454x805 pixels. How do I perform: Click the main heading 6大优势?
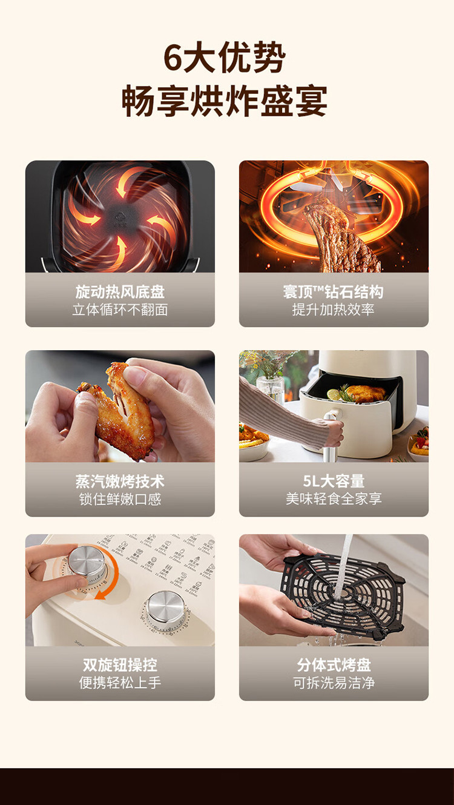[225, 58]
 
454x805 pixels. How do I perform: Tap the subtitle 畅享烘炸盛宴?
[225, 101]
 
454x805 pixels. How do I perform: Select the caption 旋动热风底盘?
[120, 292]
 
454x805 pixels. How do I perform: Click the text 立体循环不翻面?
[120, 310]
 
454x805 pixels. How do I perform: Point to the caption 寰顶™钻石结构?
[334, 292]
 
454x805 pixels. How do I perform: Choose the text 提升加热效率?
[334, 310]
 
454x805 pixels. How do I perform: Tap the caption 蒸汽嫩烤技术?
[120, 482]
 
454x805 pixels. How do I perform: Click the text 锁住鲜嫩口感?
[120, 499]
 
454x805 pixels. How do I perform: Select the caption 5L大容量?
[334, 481]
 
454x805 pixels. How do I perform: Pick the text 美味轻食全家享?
[334, 499]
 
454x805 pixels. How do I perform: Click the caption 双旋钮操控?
[120, 665]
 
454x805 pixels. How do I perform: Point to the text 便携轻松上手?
[120, 683]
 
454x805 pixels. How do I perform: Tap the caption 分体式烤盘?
[334, 665]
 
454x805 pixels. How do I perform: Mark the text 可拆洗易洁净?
[334, 683]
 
